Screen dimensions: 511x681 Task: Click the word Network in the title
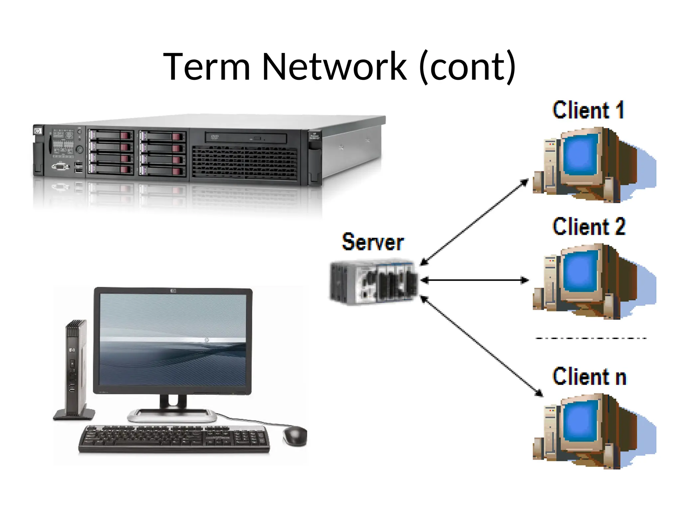point(334,67)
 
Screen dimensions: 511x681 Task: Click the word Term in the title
point(206,67)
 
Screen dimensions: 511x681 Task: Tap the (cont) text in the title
point(468,67)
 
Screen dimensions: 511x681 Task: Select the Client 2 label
point(589,227)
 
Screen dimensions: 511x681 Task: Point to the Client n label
point(590,377)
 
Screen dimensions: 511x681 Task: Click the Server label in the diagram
point(373,242)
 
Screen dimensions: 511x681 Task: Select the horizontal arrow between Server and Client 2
point(475,280)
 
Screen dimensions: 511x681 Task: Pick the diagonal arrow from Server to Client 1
point(474,222)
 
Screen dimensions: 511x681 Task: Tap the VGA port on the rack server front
point(60,166)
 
